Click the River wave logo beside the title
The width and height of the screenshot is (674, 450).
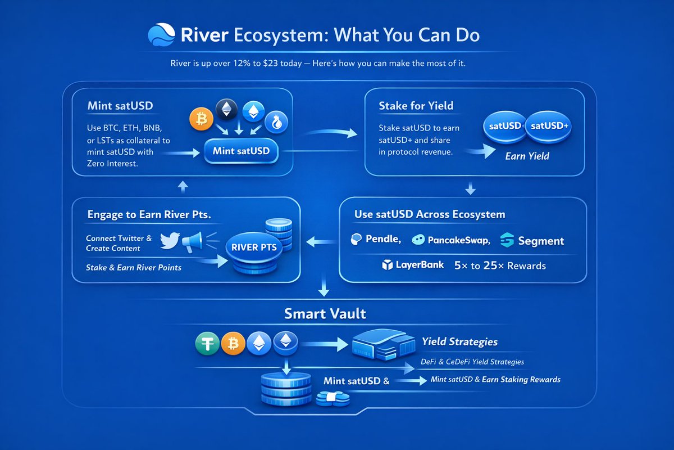pos(161,34)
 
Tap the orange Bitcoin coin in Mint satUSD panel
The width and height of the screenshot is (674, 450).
pos(201,119)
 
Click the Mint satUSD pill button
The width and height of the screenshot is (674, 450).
pos(241,151)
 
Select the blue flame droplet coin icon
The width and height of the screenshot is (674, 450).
pos(276,123)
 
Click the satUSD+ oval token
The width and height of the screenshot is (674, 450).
pos(549,127)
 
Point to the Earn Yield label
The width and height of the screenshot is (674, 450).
pos(527,156)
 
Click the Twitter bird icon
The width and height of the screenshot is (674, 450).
pos(170,241)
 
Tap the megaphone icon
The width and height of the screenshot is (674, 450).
pos(192,242)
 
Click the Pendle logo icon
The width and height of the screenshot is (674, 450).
pos(356,239)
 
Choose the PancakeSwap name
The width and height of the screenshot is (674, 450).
pos(459,240)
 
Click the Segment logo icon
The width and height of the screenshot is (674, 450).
pos(507,240)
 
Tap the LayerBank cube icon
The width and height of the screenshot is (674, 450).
pos(387,265)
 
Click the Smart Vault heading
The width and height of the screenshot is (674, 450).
pos(325,314)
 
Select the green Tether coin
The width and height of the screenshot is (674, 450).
pos(207,343)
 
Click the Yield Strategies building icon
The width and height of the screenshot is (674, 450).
pos(384,345)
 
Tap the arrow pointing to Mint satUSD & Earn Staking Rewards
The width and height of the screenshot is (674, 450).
pos(411,381)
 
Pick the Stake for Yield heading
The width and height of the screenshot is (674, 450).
pos(416,106)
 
